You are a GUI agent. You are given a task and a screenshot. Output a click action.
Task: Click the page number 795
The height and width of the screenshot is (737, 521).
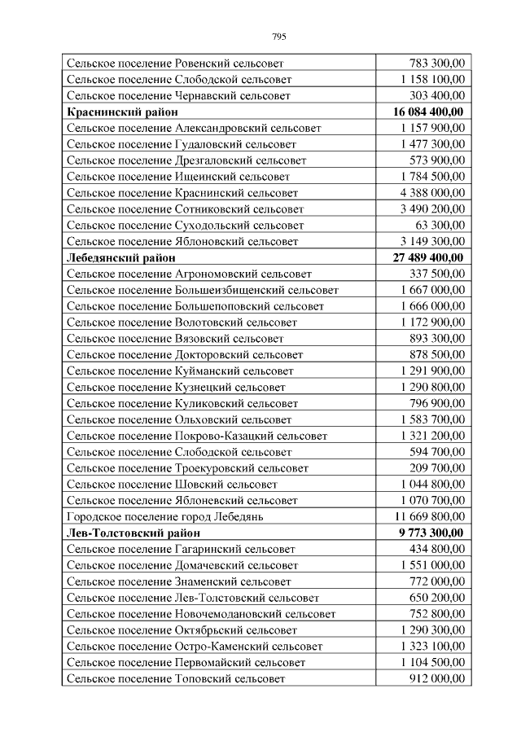pyautogui.click(x=278, y=36)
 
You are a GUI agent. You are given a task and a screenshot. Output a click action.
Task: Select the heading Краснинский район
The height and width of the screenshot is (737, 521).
pyautogui.click(x=122, y=112)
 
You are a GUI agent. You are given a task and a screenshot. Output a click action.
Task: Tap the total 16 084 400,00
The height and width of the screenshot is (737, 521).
pyautogui.click(x=428, y=112)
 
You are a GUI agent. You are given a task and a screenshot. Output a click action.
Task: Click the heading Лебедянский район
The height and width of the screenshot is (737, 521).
pyautogui.click(x=124, y=257)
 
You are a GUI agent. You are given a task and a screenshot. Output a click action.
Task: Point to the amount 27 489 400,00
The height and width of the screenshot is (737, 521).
pyautogui.click(x=428, y=257)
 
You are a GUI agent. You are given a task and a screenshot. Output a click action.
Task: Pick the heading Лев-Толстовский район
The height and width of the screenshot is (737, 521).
pyautogui.click(x=133, y=533)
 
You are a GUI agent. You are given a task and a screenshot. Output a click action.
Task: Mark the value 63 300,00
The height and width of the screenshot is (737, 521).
pyautogui.click(x=440, y=225)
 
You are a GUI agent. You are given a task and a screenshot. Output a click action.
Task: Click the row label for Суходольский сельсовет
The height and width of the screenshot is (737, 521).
pyautogui.click(x=185, y=225)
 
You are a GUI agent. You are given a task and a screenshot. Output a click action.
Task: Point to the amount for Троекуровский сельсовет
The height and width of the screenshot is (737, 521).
pyautogui.click(x=437, y=468)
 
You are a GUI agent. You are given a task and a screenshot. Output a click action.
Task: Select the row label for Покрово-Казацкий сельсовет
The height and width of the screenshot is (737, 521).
pyautogui.click(x=197, y=436)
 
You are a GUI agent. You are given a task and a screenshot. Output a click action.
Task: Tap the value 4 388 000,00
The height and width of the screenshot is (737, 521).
pyautogui.click(x=432, y=192)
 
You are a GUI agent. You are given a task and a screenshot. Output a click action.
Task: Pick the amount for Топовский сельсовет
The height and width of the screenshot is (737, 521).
pyautogui.click(x=437, y=678)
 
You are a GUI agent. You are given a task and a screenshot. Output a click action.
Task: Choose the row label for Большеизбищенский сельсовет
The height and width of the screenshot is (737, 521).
pyautogui.click(x=203, y=290)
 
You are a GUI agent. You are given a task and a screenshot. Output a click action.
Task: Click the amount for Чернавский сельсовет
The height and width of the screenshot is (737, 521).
pyautogui.click(x=437, y=95)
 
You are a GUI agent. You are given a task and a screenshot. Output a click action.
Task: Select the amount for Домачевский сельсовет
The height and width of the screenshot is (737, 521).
pyautogui.click(x=432, y=565)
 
